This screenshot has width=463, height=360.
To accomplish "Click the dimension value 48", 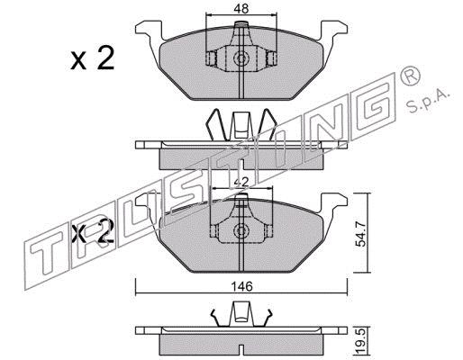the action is pyautogui.click(x=241, y=9).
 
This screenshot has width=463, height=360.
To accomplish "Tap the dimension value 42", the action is pyautogui.click(x=241, y=182).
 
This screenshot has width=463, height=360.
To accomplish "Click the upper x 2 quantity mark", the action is pyautogui.click(x=93, y=59).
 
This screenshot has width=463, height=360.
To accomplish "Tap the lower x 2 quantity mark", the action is pyautogui.click(x=93, y=231).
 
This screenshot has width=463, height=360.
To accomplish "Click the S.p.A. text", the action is pyautogui.click(x=429, y=102).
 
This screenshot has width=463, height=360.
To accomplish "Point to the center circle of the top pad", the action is pyautogui.click(x=241, y=58).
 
